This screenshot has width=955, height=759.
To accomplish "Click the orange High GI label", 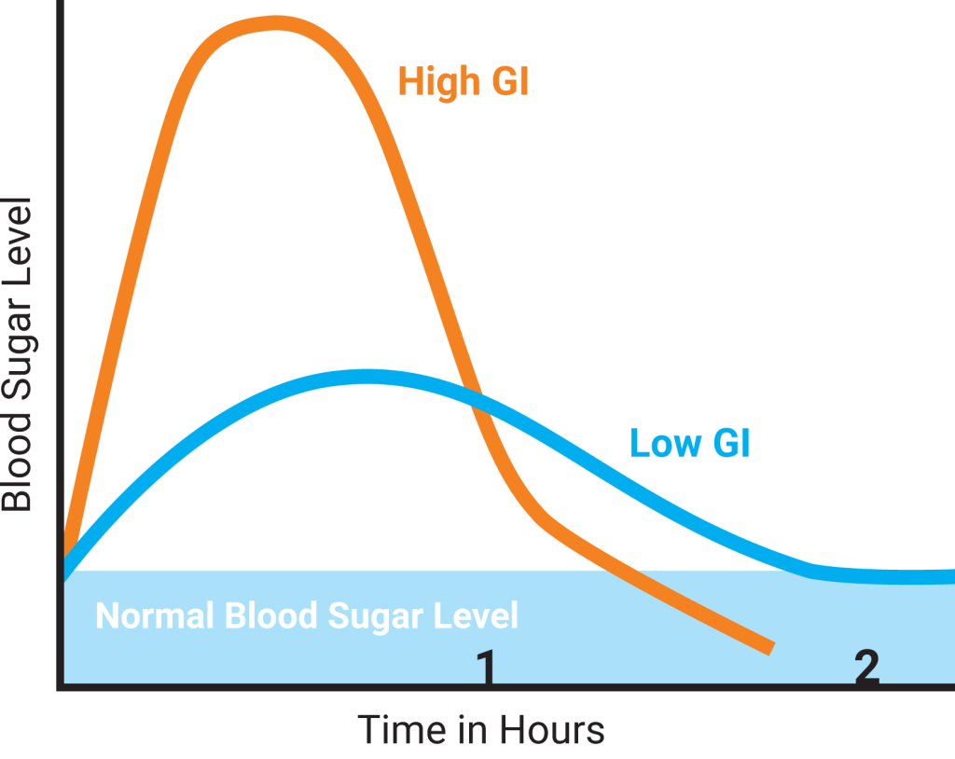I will click(x=464, y=81).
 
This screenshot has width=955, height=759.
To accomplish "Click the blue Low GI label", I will click(x=689, y=443).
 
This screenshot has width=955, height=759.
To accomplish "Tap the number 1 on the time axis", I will click(x=485, y=669).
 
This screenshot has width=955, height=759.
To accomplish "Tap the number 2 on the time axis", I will click(x=866, y=669).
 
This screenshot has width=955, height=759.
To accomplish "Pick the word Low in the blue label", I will click(x=662, y=443).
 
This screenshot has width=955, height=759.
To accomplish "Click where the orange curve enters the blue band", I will click(x=616, y=571).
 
